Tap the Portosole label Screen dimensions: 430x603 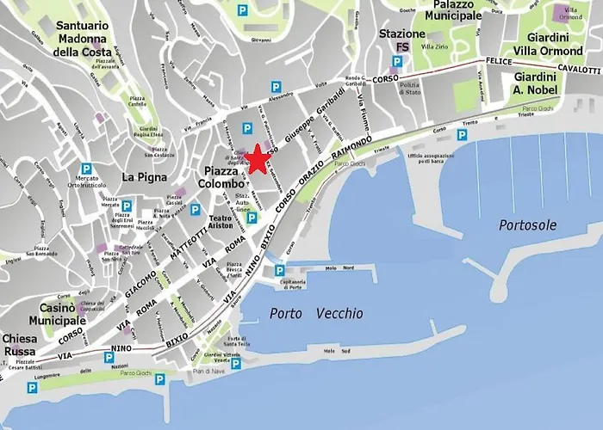[527, 224]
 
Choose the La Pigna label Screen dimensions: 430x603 [139, 176]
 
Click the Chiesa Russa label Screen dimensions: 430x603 [20, 345]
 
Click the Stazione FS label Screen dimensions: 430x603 [401, 40]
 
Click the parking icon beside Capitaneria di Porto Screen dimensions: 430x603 [278, 272]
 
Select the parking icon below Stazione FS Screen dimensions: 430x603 [396, 62]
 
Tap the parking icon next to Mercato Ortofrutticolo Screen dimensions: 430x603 [85, 169]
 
